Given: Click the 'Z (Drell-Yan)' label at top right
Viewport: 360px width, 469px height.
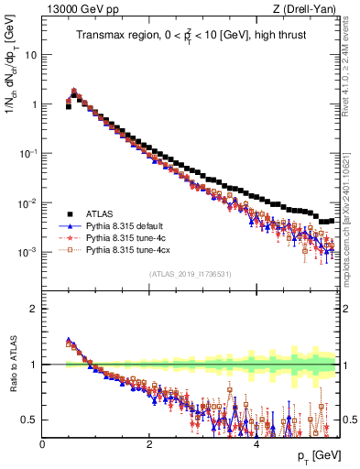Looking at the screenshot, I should click(x=308, y=10).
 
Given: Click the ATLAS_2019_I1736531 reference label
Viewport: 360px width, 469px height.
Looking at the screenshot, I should click(x=191, y=275).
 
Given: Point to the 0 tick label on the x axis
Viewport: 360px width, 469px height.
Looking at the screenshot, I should click(x=42, y=444).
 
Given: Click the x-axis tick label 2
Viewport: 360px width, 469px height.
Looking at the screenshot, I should click(x=149, y=444).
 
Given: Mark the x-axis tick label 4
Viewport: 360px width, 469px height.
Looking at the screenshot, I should click(x=256, y=444).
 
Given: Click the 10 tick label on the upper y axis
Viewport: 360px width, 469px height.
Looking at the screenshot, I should click(x=29, y=54).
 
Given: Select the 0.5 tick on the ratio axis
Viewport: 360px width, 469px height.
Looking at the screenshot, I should click(x=27, y=420).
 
